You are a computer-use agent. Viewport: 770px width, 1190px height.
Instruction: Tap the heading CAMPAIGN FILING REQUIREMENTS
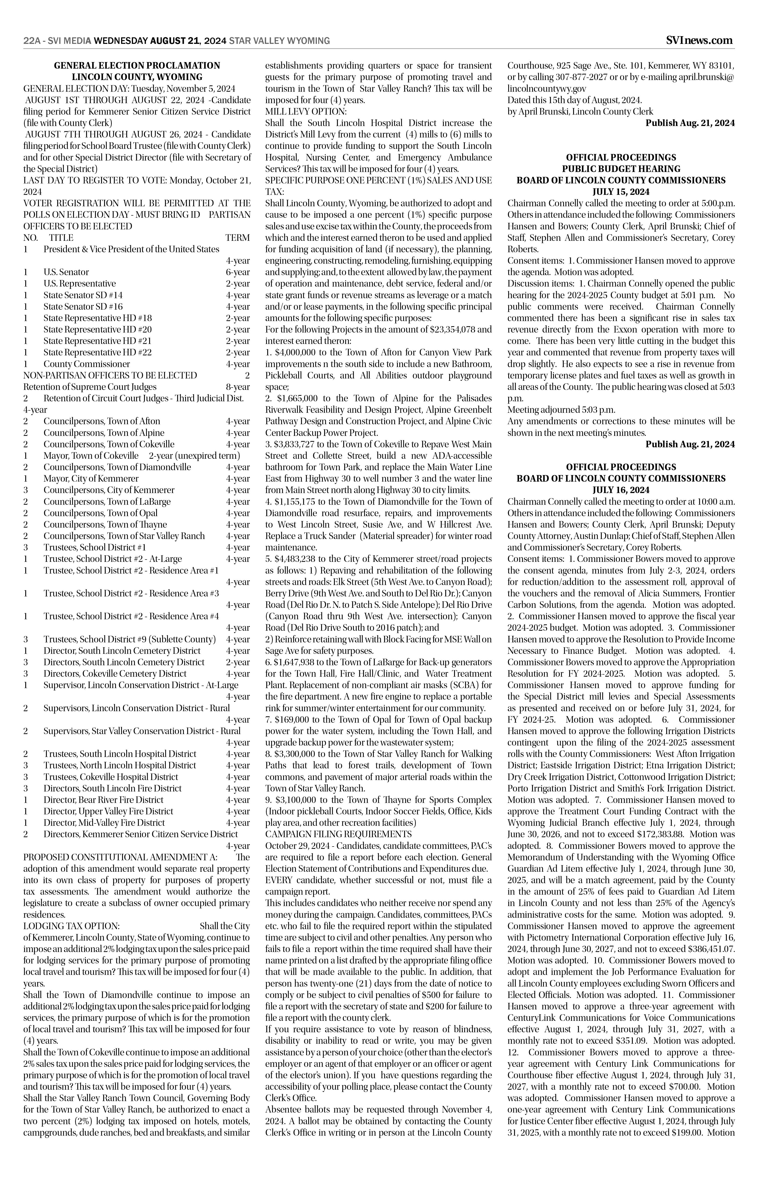pos(339,834)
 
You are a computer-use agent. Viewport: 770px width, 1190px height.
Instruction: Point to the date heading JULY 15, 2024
pos(621,192)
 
